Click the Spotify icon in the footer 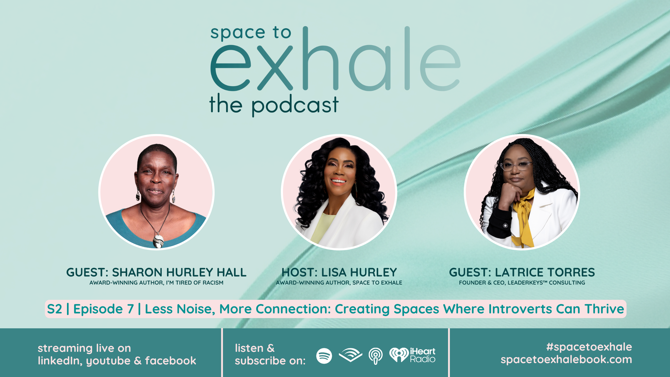pos(324,356)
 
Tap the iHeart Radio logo pos(412,355)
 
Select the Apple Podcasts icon pos(375,356)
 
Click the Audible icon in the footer pos(350,355)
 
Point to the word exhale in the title pos(335,59)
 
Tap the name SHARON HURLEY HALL pos(179,272)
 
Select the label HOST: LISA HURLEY pos(339,272)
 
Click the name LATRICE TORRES pos(545,272)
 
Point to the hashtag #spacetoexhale pos(589,347)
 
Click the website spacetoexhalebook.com pos(566,360)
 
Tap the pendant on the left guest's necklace pos(158,241)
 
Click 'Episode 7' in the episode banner pos(103,309)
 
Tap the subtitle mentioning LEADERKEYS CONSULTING pos(522,283)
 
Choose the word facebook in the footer pos(170,361)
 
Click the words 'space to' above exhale pos(251,33)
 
